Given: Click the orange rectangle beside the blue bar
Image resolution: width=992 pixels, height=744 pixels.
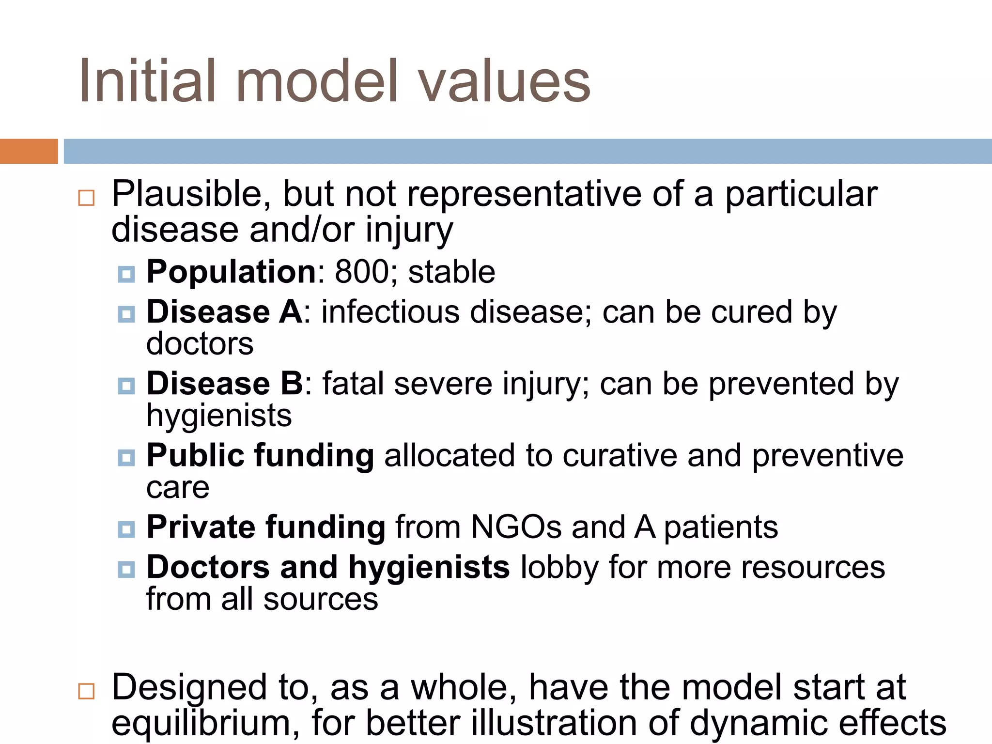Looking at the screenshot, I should (x=29, y=151).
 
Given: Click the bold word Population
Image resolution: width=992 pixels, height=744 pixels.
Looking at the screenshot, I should (x=232, y=272).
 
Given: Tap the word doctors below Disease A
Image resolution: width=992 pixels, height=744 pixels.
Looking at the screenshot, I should (x=200, y=344).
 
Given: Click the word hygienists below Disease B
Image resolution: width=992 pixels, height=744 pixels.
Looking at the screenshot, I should (x=219, y=416).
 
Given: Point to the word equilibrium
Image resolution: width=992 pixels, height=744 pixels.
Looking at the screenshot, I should (x=205, y=723).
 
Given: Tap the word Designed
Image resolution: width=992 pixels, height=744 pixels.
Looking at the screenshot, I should (x=189, y=688).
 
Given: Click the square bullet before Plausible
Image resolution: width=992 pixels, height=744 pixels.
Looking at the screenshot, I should (x=86, y=198).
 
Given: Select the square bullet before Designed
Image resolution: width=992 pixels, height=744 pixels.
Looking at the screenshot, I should (x=86, y=691).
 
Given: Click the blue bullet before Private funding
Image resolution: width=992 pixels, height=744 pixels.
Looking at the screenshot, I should (x=126, y=529).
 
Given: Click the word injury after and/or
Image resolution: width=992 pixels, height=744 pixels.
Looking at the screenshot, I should (x=409, y=231).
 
